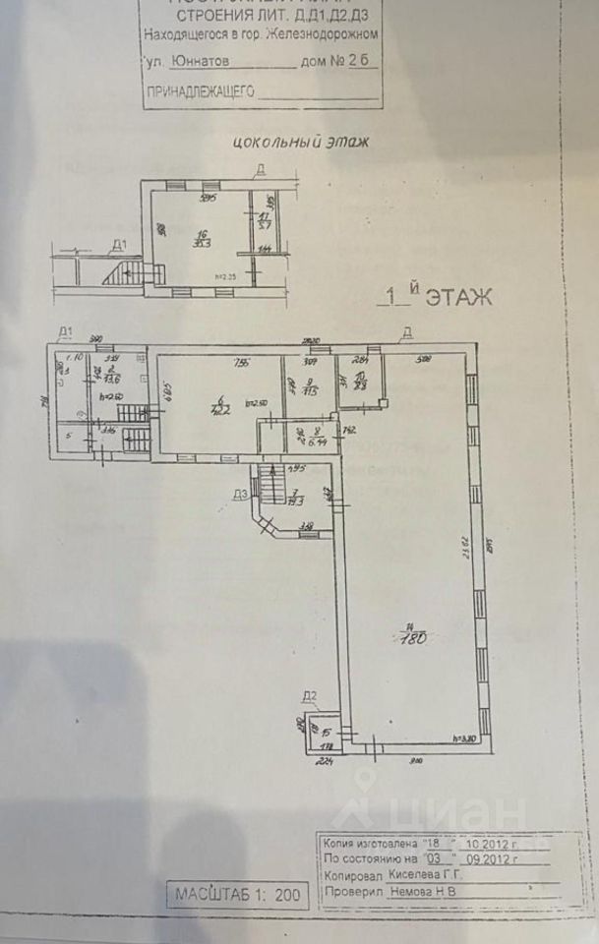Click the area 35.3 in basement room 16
pyautogui.click(x=202, y=244)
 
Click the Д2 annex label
pyautogui.click(x=309, y=698)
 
